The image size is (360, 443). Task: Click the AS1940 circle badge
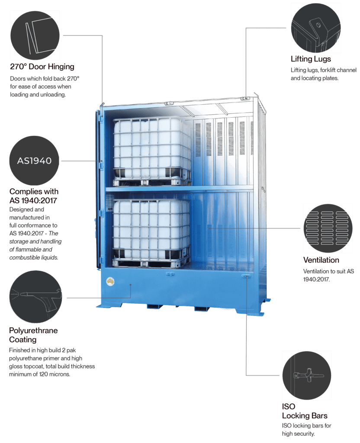pos(34,161)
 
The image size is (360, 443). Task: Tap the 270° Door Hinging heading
pos(42,67)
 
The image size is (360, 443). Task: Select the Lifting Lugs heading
pos(311,59)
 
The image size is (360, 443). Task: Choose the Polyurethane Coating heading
pos(33,335)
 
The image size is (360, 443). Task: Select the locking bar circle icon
pos(307,375)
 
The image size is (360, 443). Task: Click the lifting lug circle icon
pos(315,27)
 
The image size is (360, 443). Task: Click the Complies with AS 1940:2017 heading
pos(34,196)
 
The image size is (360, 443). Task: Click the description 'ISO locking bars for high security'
pos(306,429)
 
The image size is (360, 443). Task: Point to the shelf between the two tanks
pos(179,189)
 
